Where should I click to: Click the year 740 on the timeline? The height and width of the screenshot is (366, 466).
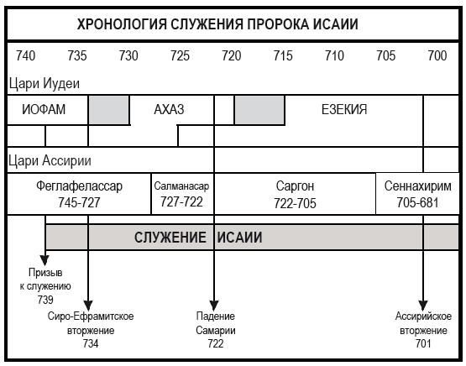tap(25, 56)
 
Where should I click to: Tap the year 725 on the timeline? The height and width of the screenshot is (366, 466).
tap(180, 56)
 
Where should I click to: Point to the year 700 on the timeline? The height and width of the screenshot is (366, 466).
tap(437, 56)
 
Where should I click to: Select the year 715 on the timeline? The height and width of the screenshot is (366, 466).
tap(283, 56)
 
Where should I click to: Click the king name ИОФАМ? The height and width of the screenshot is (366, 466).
tap(44, 109)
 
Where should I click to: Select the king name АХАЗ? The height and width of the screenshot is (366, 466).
tap(169, 109)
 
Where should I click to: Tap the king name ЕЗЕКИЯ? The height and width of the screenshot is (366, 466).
tap(344, 109)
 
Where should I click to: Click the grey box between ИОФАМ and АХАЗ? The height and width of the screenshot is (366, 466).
tap(109, 110)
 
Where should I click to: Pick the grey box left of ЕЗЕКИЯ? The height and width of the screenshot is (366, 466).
tap(259, 110)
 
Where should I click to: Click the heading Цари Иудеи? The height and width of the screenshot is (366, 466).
tap(45, 83)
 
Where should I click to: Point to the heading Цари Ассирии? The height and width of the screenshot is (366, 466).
tap(50, 160)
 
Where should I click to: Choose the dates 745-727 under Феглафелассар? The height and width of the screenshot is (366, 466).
tap(79, 202)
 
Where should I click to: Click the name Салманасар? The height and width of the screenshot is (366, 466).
tap(181, 186)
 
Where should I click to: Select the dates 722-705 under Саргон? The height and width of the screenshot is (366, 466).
tap(295, 203)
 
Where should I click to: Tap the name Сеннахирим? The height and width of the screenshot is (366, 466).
tap(417, 186)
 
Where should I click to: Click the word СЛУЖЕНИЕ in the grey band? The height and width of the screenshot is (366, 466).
tap(170, 238)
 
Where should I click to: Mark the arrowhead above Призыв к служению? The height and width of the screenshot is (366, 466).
tap(45, 260)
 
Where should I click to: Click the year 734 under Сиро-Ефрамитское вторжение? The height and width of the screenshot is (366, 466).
tap(91, 343)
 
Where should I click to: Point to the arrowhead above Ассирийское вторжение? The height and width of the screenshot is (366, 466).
tap(423, 306)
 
